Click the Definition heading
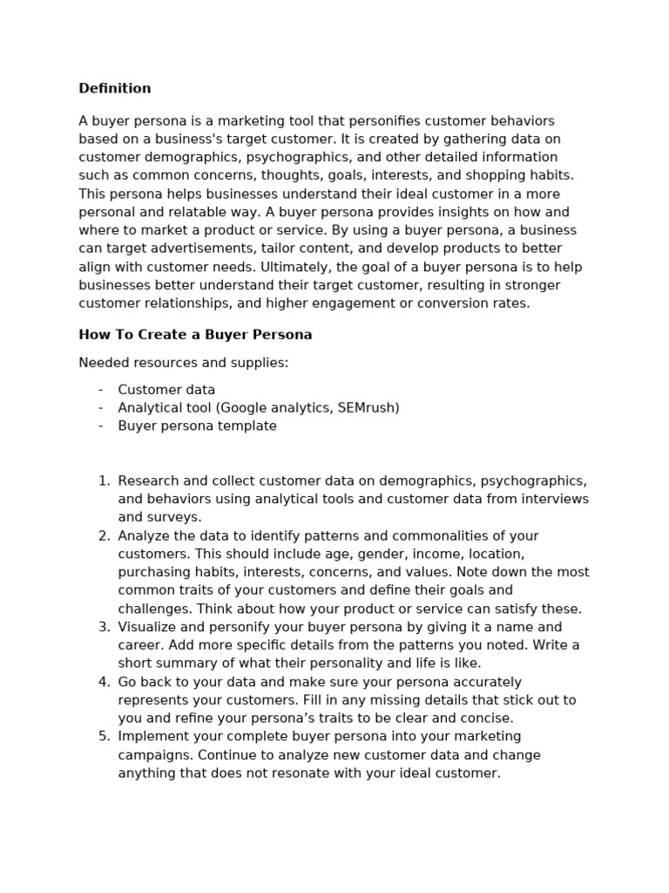click(x=114, y=88)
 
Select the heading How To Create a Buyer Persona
click(x=195, y=335)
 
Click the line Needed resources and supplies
click(x=183, y=363)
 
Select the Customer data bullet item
click(x=166, y=390)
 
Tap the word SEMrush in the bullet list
click(x=366, y=408)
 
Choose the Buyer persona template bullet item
click(x=197, y=426)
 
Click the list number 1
click(x=104, y=481)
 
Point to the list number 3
click(x=104, y=627)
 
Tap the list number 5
click(x=104, y=737)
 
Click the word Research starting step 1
click(x=148, y=481)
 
